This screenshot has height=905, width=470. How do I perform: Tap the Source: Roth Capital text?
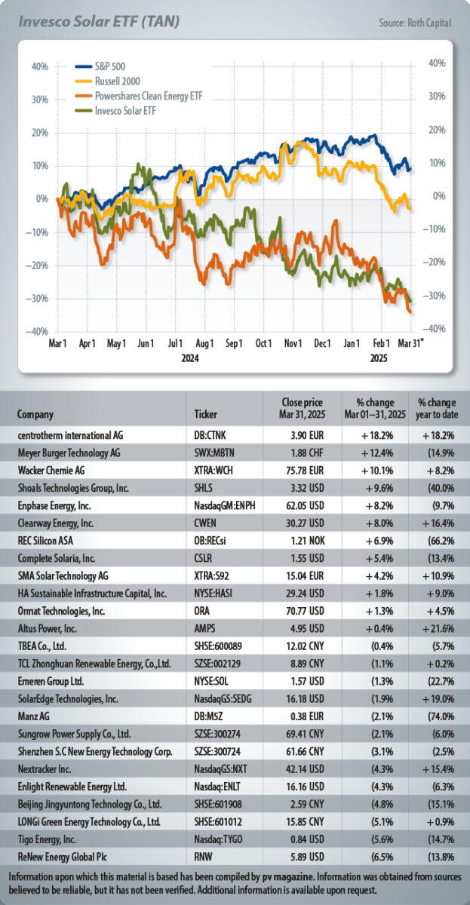(415, 23)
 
